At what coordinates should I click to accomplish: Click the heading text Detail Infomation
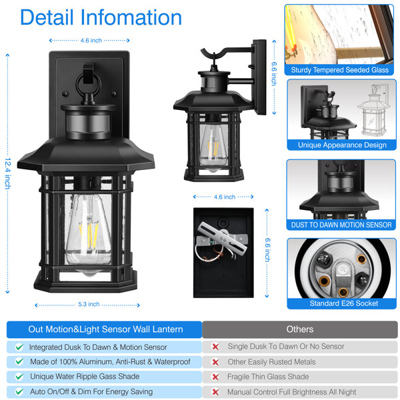click(x=101, y=17)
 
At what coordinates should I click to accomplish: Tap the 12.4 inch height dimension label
click(x=8, y=173)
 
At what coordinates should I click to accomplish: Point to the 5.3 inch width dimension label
click(x=89, y=304)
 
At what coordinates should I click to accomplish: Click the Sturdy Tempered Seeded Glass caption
click(x=339, y=70)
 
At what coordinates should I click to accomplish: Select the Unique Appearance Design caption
click(x=342, y=145)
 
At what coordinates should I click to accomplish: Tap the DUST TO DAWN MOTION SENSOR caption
click(x=341, y=225)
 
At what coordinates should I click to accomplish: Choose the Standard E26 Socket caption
click(x=343, y=303)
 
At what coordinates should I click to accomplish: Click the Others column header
click(x=300, y=329)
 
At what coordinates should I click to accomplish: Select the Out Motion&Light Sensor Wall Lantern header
click(x=105, y=329)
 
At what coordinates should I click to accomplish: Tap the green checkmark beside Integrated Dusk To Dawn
click(x=19, y=347)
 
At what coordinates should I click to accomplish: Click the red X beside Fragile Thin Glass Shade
click(x=215, y=377)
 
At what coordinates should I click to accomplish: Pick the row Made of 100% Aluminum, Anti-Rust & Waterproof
click(x=104, y=362)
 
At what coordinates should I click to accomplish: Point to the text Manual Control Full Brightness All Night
click(x=291, y=392)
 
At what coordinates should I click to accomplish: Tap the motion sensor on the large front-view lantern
click(x=88, y=123)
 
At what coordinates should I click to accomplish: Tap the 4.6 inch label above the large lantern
click(x=91, y=40)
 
